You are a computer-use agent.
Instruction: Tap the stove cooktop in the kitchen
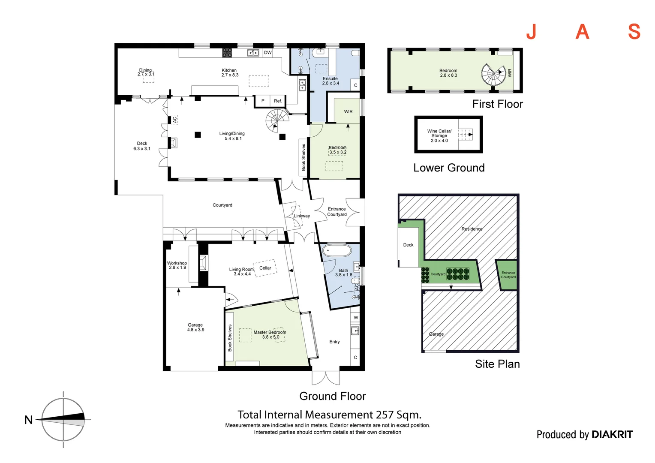(227, 53)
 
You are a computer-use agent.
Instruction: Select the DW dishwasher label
(268, 53)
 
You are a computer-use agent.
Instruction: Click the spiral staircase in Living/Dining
(277, 120)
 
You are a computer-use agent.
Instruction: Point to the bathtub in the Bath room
(337, 250)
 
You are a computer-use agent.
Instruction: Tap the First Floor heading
(497, 104)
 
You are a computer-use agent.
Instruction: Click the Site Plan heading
(497, 364)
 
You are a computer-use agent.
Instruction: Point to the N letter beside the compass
(29, 420)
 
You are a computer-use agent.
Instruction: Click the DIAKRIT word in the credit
(613, 435)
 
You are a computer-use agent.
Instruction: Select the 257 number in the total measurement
(385, 415)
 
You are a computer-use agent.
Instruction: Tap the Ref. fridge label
(278, 101)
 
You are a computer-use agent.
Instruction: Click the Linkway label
(302, 216)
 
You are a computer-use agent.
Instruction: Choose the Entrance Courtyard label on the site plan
(508, 275)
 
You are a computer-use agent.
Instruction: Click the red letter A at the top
(582, 32)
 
